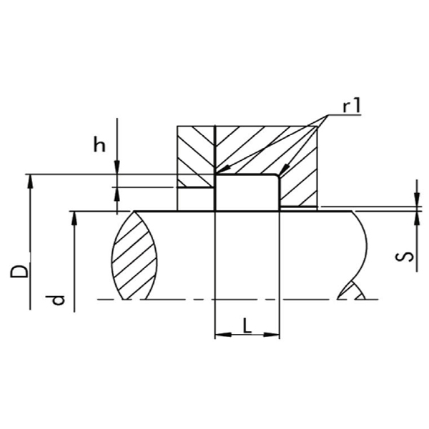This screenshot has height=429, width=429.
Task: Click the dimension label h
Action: [x=99, y=144]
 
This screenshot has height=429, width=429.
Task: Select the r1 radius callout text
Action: [x=352, y=106]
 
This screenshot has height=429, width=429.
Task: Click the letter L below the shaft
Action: [x=247, y=325]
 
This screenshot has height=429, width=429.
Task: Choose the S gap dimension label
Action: [x=405, y=257]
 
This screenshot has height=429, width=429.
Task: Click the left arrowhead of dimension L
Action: [x=223, y=335]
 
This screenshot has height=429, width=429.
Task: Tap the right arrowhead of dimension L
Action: [x=272, y=335]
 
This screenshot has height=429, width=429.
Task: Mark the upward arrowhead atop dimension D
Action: [x=30, y=182]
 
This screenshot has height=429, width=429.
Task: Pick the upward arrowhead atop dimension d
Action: [x=74, y=219]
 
